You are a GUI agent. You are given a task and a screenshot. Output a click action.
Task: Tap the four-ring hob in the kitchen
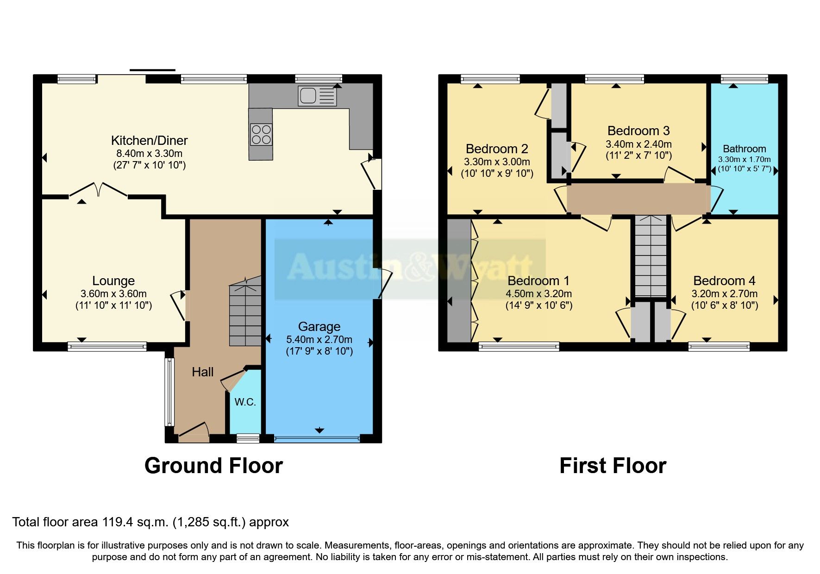tap(261, 134)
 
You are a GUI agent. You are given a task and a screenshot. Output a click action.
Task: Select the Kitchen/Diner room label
tap(149, 140)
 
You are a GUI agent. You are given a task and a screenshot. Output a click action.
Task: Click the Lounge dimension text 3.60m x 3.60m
tap(113, 293)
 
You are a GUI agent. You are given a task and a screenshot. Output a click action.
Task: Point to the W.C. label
tap(245, 402)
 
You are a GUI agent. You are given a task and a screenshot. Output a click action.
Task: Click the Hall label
tap(203, 372)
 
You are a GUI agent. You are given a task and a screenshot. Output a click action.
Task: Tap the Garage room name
tap(319, 326)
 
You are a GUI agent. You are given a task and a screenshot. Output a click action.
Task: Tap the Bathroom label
tap(744, 149)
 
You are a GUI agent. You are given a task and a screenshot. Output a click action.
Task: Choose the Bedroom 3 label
tap(638, 131)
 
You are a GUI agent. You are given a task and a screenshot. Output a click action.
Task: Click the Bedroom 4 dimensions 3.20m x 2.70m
tap(724, 293)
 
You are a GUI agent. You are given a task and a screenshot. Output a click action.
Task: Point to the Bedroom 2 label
tap(497, 149)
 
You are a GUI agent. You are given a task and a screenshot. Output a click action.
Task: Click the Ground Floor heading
tap(213, 465)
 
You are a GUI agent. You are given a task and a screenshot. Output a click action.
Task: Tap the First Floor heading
tap(613, 465)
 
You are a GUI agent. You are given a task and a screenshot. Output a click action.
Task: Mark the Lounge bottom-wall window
tap(107, 346)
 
